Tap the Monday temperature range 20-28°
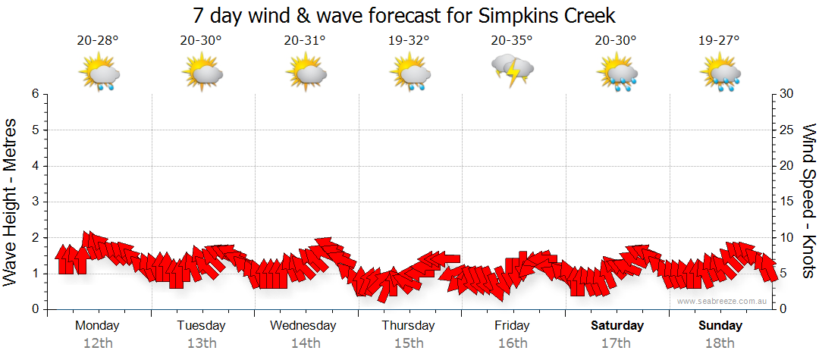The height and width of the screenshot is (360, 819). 98,40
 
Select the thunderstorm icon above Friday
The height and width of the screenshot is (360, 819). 513,71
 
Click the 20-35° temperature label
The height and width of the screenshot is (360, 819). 512,40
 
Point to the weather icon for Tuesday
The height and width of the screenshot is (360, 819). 202,74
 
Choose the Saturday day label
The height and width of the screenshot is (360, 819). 617,326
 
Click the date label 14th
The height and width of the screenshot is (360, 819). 305,343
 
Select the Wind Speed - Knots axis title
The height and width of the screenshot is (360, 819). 808,200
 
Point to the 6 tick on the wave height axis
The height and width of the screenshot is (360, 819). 35,94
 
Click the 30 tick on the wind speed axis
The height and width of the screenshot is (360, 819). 787,94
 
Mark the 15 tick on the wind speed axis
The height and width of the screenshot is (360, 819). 787,202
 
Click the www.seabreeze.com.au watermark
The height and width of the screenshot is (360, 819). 723,301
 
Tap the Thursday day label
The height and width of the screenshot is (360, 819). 408,326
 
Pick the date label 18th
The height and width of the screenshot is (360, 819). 720,343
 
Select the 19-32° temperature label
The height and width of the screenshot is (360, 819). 409,40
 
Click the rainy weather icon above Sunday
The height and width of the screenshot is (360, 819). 720,74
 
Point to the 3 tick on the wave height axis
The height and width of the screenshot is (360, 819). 35,202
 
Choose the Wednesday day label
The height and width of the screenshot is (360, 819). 303,326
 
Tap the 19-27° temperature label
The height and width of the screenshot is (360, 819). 719,40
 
